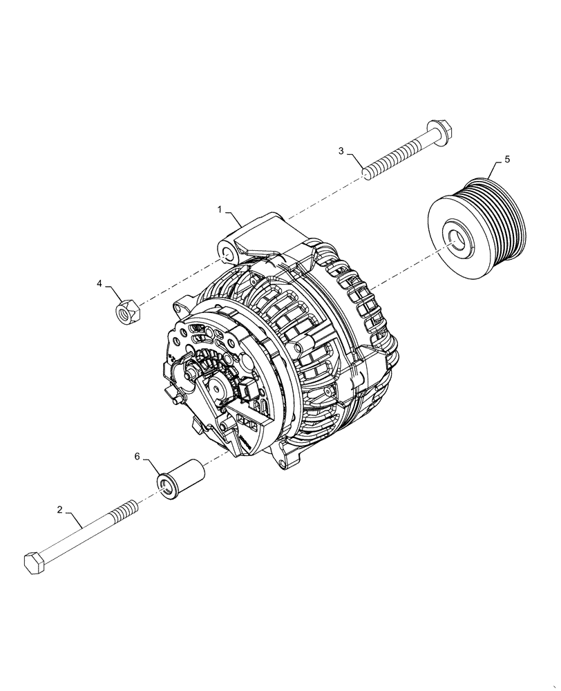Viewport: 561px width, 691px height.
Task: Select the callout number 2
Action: click(59, 510)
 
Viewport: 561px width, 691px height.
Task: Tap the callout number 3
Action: click(341, 151)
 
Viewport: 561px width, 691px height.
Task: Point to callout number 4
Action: click(99, 283)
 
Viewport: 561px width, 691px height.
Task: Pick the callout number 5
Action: click(507, 160)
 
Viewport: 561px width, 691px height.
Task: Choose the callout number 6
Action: click(137, 457)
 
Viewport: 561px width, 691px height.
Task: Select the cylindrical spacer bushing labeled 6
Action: click(183, 478)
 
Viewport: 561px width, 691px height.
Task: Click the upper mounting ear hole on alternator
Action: click(226, 252)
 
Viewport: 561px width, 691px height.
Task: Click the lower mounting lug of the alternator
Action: click(290, 459)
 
